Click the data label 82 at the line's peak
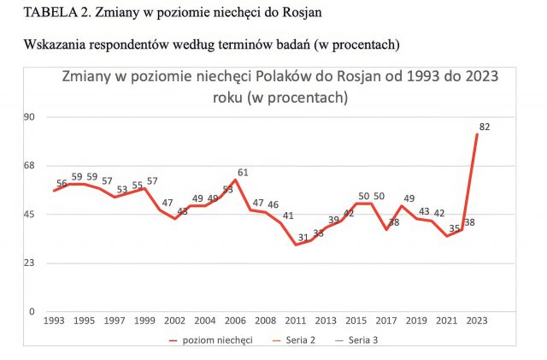point(485,127)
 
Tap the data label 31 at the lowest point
point(303,237)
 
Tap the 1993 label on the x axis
point(54,322)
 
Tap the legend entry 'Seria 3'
point(364,339)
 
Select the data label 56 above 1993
point(62,183)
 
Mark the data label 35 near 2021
point(455,228)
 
